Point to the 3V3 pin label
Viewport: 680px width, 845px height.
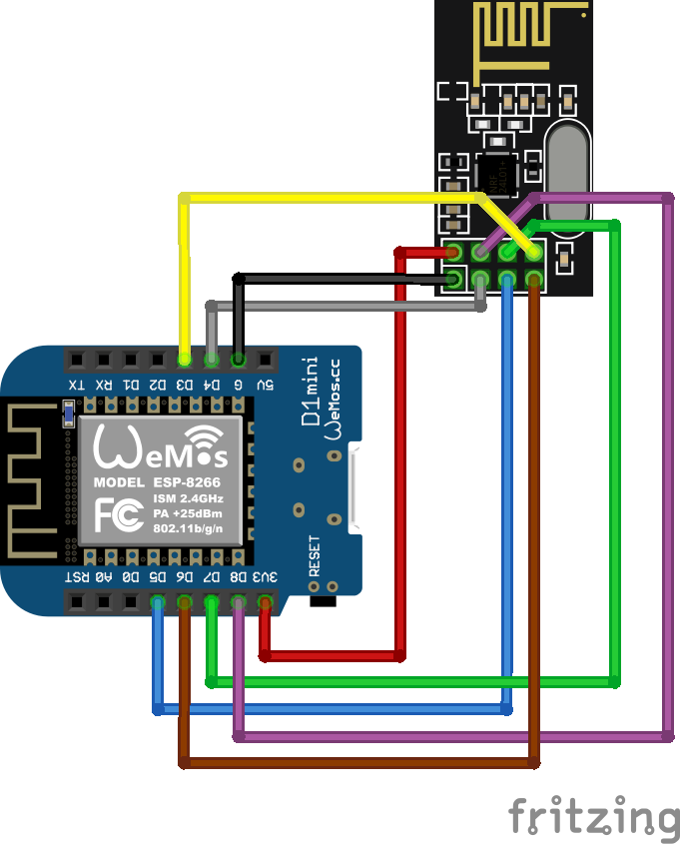pos(266,577)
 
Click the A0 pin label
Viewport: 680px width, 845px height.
pos(103,577)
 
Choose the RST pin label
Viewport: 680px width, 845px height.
pos(76,577)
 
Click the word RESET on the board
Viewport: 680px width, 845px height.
pos(315,557)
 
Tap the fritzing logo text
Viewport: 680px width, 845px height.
pos(593,816)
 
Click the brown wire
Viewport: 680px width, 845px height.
pos(359,763)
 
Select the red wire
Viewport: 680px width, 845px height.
pos(399,449)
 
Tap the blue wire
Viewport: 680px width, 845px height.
pos(330,709)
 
